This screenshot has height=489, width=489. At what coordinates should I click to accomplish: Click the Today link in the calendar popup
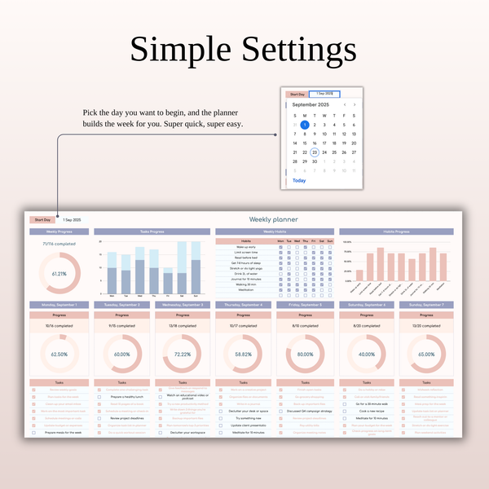(x=299, y=181)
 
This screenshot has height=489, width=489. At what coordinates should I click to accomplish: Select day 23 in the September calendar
(x=315, y=152)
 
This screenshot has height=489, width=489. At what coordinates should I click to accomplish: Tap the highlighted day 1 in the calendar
(x=305, y=125)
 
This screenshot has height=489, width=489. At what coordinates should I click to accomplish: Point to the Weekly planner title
(x=273, y=219)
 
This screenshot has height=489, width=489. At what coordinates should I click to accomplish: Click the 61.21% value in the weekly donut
(x=59, y=274)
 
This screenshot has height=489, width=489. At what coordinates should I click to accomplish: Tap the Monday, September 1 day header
(x=59, y=305)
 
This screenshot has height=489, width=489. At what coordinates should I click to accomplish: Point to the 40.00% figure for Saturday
(x=367, y=355)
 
